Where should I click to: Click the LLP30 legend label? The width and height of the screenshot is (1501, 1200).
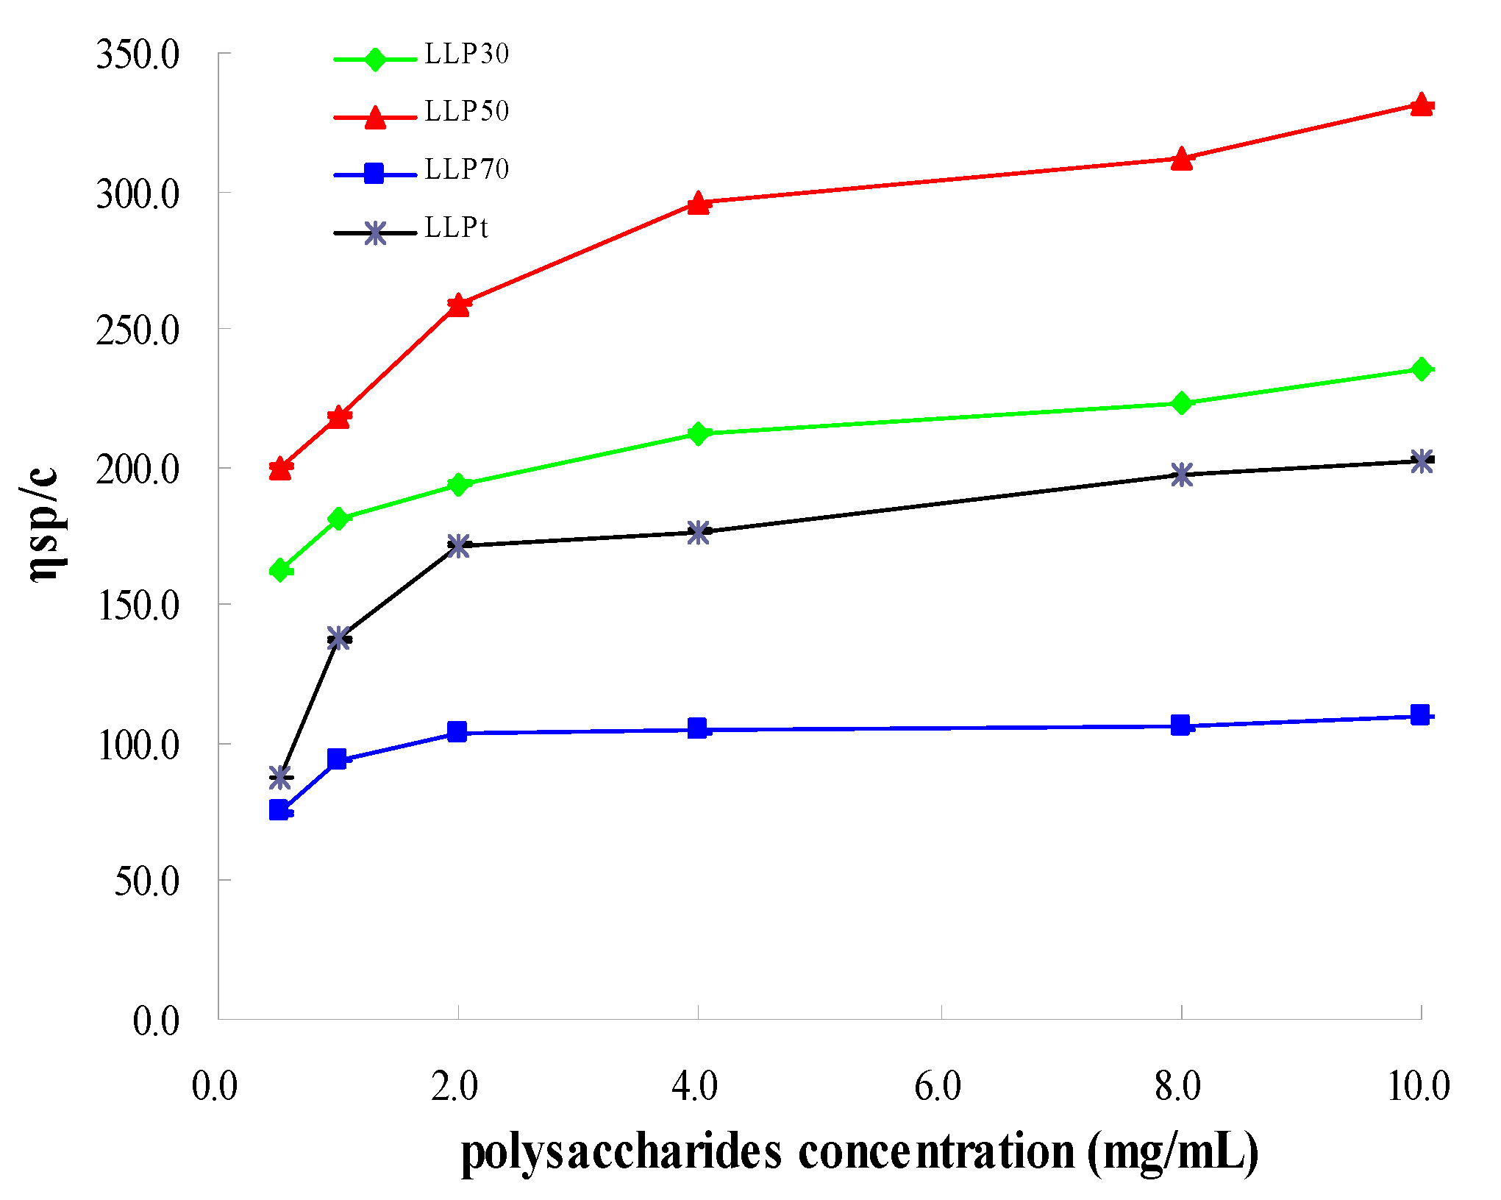[466, 54]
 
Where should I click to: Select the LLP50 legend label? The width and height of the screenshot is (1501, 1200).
[466, 111]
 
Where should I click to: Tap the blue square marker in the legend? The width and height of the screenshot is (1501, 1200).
[374, 174]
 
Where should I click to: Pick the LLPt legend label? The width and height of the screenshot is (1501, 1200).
[456, 227]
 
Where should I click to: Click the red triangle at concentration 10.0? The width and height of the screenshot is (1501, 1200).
[1422, 105]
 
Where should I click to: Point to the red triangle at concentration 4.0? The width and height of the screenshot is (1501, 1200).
[698, 203]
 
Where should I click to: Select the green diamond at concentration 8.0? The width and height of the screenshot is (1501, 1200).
[1181, 403]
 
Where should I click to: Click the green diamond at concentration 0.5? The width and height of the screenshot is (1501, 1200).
[280, 569]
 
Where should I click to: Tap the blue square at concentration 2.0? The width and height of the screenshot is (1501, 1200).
[457, 731]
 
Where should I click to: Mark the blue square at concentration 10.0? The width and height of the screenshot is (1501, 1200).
[1420, 714]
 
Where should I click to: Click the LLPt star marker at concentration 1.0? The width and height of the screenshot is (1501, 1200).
[338, 638]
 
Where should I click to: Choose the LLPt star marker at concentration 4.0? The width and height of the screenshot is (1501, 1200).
[698, 533]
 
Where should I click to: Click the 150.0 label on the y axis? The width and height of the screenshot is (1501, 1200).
[138, 606]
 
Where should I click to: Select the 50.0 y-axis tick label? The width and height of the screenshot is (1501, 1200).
[146, 881]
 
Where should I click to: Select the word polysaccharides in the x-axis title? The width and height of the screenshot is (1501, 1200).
[621, 1152]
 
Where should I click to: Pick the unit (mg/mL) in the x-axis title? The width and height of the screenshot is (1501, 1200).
[1172, 1152]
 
